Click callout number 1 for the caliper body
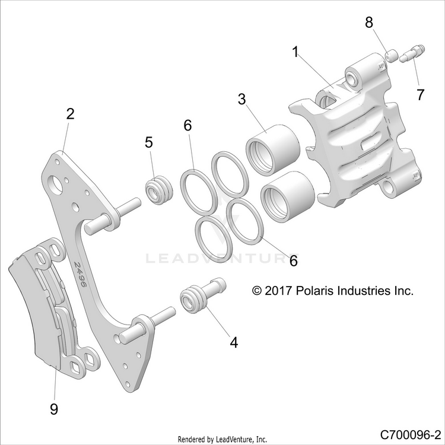tap(295, 52)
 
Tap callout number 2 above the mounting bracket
tap(70, 113)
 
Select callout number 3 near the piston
tap(242, 99)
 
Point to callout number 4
tap(234, 342)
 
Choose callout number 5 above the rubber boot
tap(149, 142)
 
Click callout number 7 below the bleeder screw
tap(420, 94)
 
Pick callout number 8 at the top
tap(369, 22)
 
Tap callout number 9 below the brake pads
tap(54, 409)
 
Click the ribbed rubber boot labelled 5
tap(158, 190)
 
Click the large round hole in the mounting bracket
tap(56, 186)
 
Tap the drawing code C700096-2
tap(412, 434)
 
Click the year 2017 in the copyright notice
tap(278, 291)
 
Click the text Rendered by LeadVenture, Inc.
tap(223, 439)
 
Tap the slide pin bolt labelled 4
tap(203, 295)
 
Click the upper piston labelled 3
tap(273, 149)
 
